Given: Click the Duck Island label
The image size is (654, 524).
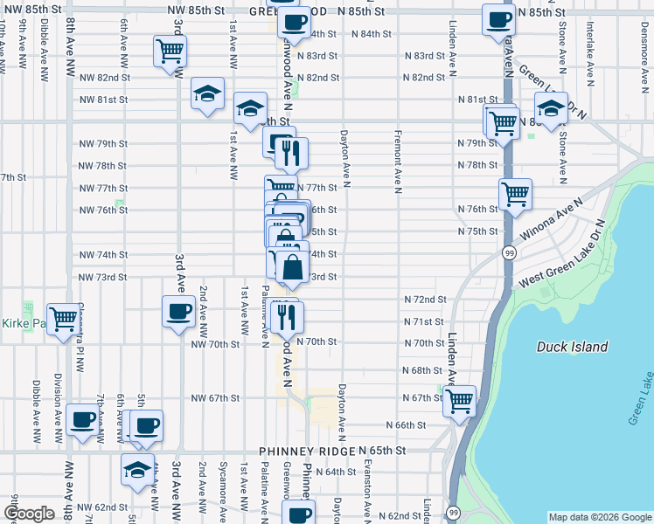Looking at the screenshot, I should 573,347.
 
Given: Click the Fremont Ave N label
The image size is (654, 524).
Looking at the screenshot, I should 398,159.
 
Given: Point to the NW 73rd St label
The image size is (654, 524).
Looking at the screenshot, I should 104,277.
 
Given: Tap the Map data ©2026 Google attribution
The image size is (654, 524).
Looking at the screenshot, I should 599,517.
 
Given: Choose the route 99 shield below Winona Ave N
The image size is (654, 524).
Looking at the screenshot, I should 508,252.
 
